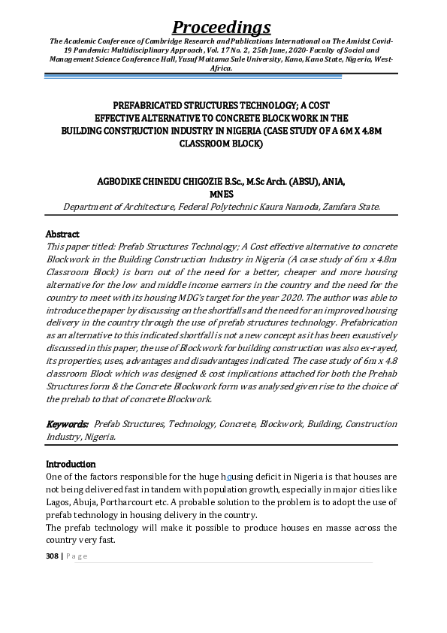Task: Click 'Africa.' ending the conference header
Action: tap(222, 67)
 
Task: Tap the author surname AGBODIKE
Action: tap(123, 182)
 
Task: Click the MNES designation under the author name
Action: tap(222, 194)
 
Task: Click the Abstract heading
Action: tap(62, 234)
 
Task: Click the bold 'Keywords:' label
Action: tap(68, 424)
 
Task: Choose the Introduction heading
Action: tap(71, 464)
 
